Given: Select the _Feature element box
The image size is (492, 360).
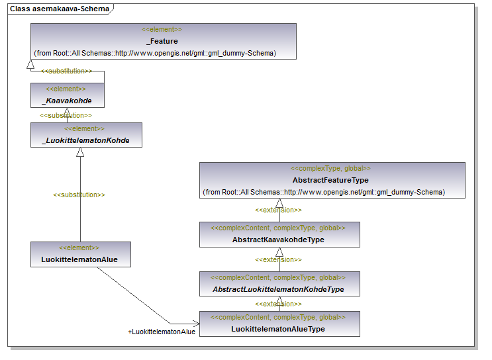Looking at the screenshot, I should tap(163, 41).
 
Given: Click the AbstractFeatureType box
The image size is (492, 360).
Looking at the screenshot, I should tap(332, 180).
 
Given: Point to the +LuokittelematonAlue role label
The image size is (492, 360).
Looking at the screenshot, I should tap(162, 332).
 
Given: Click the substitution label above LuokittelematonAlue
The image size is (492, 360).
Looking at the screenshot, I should tap(79, 195).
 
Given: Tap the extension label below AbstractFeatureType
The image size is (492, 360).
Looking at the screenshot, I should tap(279, 210).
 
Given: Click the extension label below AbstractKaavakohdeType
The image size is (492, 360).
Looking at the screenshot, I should tap(279, 260).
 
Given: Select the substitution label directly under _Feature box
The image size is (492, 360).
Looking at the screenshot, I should tap(66, 71).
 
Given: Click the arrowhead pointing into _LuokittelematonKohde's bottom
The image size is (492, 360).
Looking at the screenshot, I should tap(80, 152).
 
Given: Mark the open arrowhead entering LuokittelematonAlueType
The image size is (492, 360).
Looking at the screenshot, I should tap(195, 324).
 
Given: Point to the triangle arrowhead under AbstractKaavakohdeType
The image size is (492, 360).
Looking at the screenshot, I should tap(279, 252).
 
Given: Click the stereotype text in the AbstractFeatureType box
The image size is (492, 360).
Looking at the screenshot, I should tap(331, 169).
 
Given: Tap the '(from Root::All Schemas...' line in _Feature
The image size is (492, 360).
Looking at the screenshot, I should tap(155, 52).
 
